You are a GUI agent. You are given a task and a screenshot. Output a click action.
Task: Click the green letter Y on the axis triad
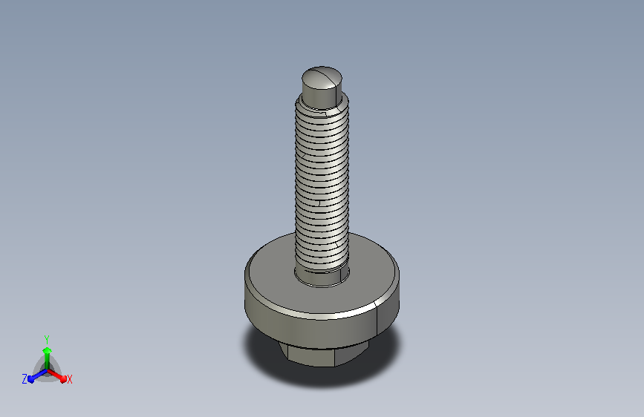pyautogui.click(x=47, y=339)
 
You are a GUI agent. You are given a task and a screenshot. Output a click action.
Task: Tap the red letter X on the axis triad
pyautogui.click(x=69, y=379)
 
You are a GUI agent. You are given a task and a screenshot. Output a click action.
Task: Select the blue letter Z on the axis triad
pyautogui.click(x=25, y=379)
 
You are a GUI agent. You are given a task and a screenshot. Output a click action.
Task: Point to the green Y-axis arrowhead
pyautogui.click(x=47, y=350)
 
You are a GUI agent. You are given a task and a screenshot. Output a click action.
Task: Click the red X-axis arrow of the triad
pyautogui.click(x=56, y=375)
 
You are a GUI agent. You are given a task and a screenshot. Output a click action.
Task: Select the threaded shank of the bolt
pyautogui.click(x=322, y=185)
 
